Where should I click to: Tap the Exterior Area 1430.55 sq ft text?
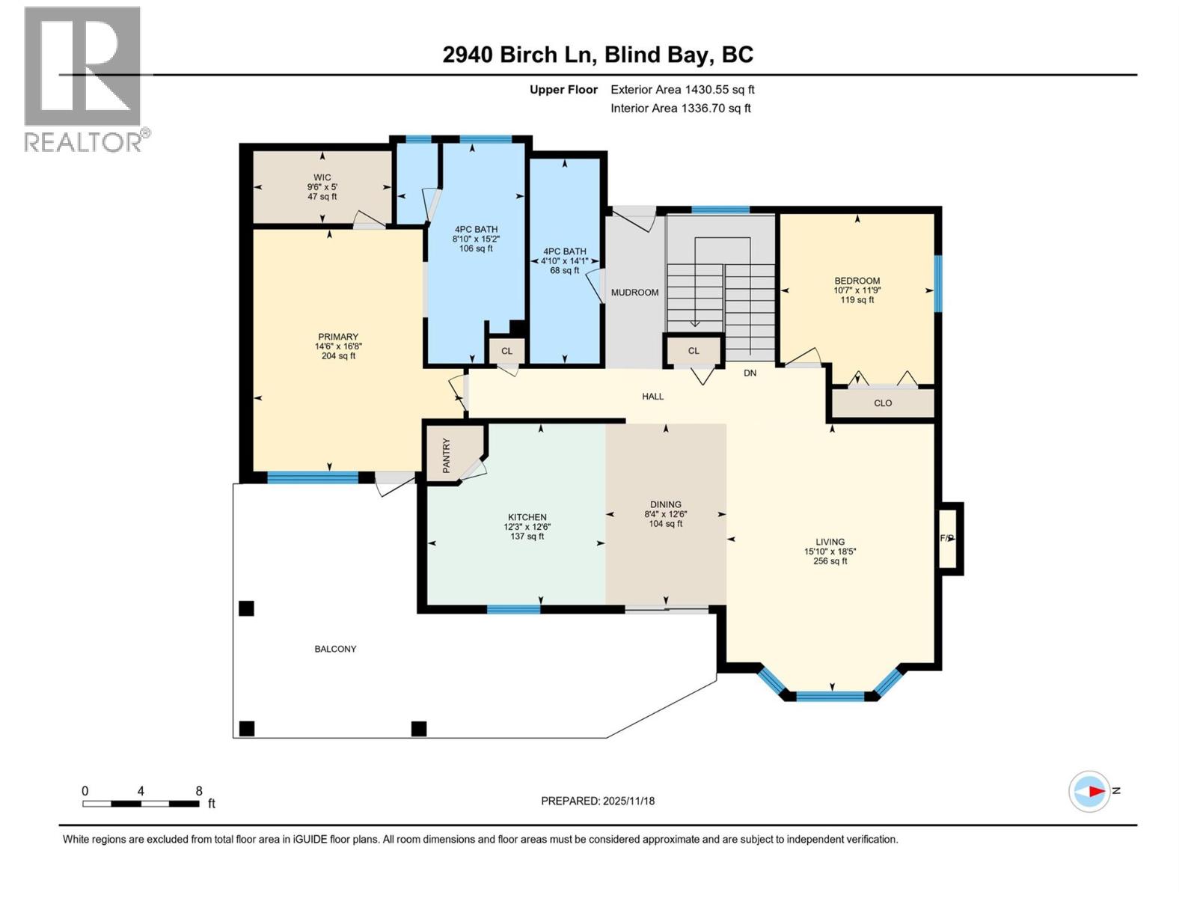[682, 90]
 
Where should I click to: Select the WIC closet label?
[322, 187]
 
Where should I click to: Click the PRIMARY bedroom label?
[338, 346]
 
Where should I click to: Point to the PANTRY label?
[447, 455]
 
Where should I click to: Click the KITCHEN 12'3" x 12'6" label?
[527, 527]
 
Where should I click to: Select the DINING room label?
[666, 514]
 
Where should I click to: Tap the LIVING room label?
[830, 552]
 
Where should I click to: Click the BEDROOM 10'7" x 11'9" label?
[857, 290]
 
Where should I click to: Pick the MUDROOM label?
[634, 293]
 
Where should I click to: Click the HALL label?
[652, 397]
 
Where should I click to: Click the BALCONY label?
[335, 649]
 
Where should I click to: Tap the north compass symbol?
[1090, 791]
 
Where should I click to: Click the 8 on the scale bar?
[199, 791]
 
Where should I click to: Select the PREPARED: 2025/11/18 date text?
[598, 801]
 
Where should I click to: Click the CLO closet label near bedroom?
[883, 403]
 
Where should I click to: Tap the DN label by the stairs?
[750, 373]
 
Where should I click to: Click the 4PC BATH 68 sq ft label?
[565, 261]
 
